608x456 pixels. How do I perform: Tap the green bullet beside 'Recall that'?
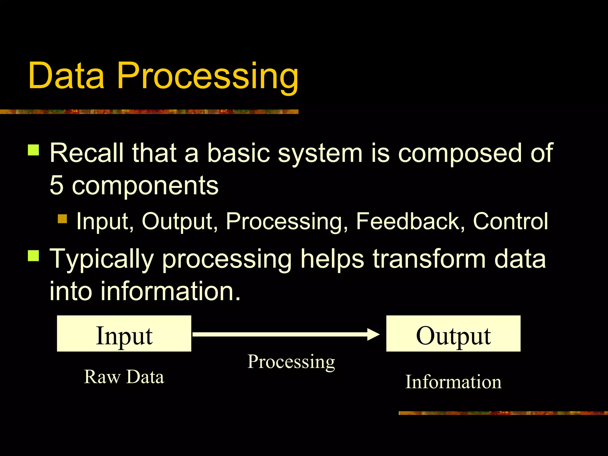[34, 150]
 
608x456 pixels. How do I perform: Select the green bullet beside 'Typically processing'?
[34, 256]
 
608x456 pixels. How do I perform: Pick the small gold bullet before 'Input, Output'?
[62, 219]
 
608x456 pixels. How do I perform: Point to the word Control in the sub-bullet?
[510, 221]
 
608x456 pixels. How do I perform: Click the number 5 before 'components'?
[57, 185]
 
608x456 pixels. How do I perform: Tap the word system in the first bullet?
[320, 154]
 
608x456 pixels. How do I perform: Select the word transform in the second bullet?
[429, 259]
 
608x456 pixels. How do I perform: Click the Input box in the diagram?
[124, 334]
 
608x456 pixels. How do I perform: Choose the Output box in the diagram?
[453, 334]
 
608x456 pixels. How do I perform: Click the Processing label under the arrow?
[291, 362]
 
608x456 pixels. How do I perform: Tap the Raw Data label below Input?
[124, 377]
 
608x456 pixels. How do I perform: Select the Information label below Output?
[453, 382]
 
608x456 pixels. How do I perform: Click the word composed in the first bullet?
[459, 154]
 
